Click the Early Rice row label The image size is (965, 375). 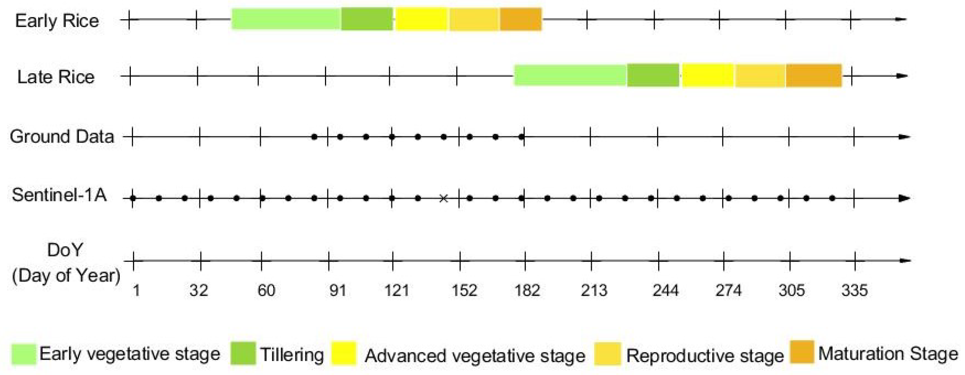click(57, 21)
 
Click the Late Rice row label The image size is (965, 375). click(56, 77)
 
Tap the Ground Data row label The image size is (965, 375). click(62, 137)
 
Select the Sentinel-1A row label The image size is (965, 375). click(59, 195)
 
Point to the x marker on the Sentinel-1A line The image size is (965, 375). click(444, 198)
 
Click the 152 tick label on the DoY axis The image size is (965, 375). click(464, 291)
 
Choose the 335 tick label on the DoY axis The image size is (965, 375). click(855, 291)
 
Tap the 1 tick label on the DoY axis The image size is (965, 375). click(136, 291)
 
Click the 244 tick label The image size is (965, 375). click(666, 291)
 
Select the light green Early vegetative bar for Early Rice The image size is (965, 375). click(286, 19)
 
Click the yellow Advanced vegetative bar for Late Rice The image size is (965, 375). click(708, 76)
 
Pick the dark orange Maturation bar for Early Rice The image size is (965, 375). click(521, 19)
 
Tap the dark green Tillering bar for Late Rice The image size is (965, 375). click(653, 76)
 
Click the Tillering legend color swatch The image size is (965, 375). click(243, 353)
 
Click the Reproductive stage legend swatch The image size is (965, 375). click(607, 353)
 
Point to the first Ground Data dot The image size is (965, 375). click(315, 137)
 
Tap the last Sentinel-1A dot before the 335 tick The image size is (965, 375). click(832, 198)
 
